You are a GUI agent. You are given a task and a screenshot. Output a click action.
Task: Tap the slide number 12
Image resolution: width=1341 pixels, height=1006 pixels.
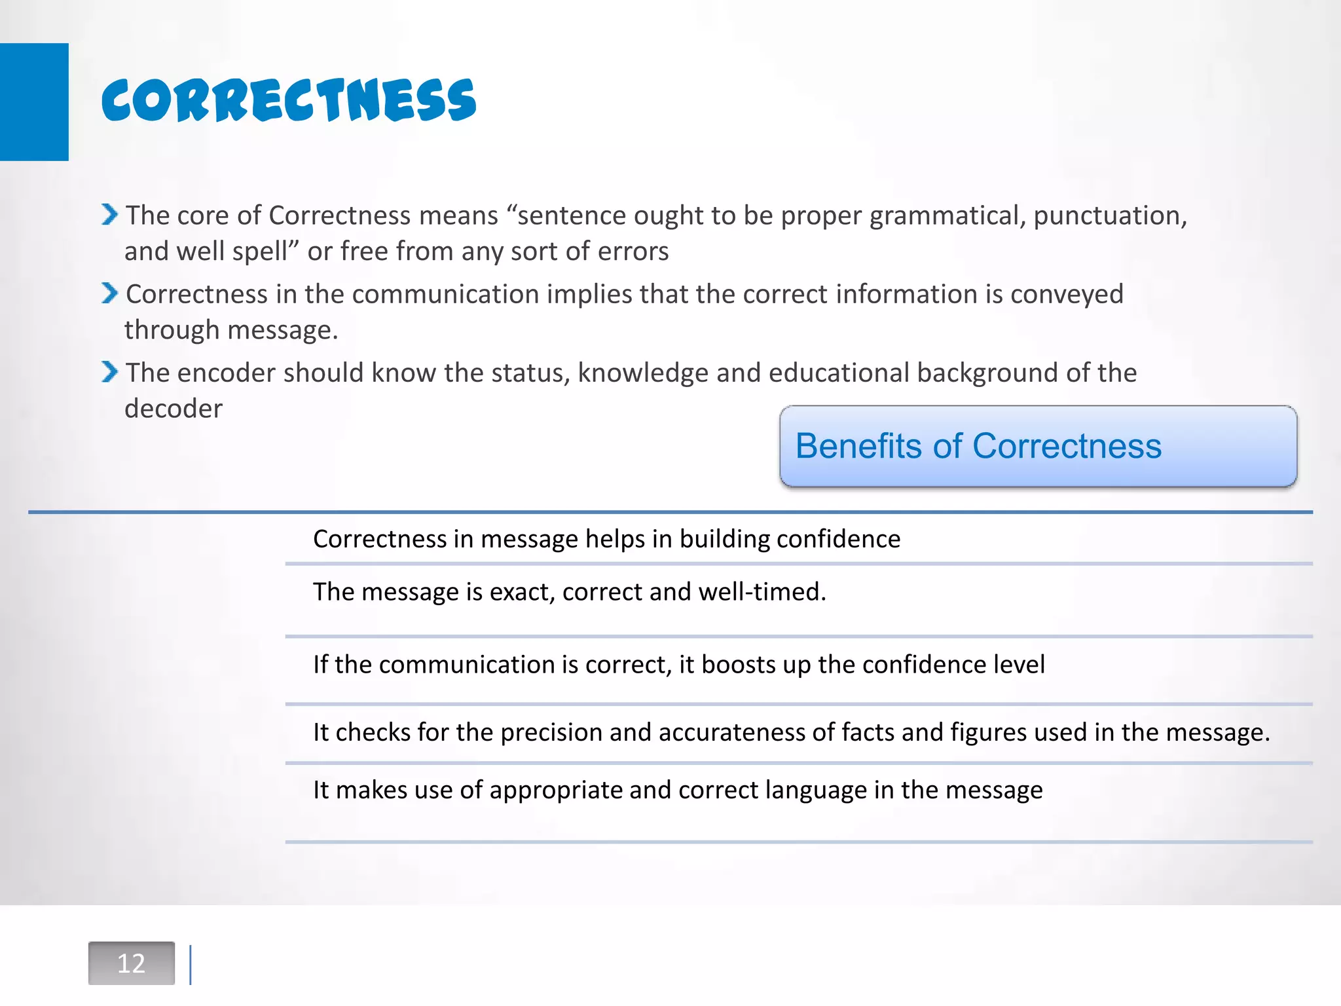(x=131, y=963)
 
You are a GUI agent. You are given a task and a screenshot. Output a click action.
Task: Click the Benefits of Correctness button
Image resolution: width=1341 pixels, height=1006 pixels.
(x=1038, y=447)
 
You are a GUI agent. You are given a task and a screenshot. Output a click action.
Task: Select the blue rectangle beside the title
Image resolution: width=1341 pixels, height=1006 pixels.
(x=34, y=102)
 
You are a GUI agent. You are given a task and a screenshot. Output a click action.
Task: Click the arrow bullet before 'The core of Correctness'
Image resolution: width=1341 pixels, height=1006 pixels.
(x=109, y=214)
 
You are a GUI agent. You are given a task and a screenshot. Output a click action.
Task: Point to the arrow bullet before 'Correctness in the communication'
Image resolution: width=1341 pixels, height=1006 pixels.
(x=109, y=293)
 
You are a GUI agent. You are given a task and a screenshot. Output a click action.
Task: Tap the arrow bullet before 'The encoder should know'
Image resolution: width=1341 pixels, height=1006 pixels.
(x=109, y=371)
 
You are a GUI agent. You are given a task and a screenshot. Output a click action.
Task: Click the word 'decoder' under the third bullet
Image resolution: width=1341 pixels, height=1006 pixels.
(x=174, y=409)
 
